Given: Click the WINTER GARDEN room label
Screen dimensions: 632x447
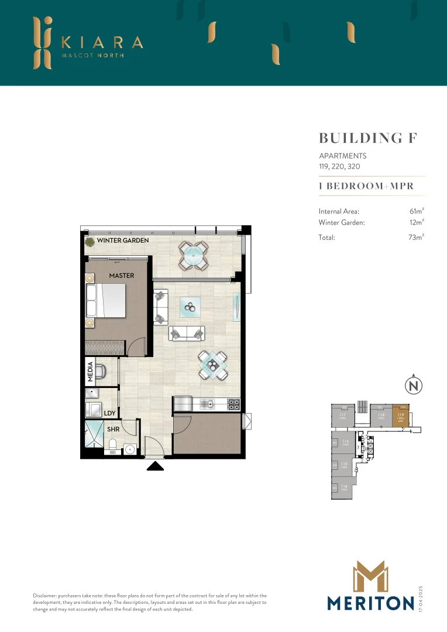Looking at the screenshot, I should (122, 241).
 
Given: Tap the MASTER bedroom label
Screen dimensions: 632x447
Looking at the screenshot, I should (122, 276).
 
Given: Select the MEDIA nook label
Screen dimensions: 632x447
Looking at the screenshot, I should (91, 372).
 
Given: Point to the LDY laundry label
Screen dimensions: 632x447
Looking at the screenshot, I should (109, 413).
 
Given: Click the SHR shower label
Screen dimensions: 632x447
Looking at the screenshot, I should (113, 429).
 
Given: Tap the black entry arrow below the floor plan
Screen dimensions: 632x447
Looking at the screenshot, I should (155, 466).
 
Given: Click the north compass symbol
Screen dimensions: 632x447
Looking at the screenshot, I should (414, 386).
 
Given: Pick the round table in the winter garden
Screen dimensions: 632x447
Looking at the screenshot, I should (193, 255).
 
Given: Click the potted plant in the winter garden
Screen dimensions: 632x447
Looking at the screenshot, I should (90, 241).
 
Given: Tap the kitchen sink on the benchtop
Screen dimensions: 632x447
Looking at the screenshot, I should (208, 403).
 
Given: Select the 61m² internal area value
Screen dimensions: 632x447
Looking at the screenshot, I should (417, 211).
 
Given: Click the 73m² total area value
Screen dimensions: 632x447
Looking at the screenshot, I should (417, 238).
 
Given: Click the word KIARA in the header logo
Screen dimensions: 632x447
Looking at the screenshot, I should (102, 42).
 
